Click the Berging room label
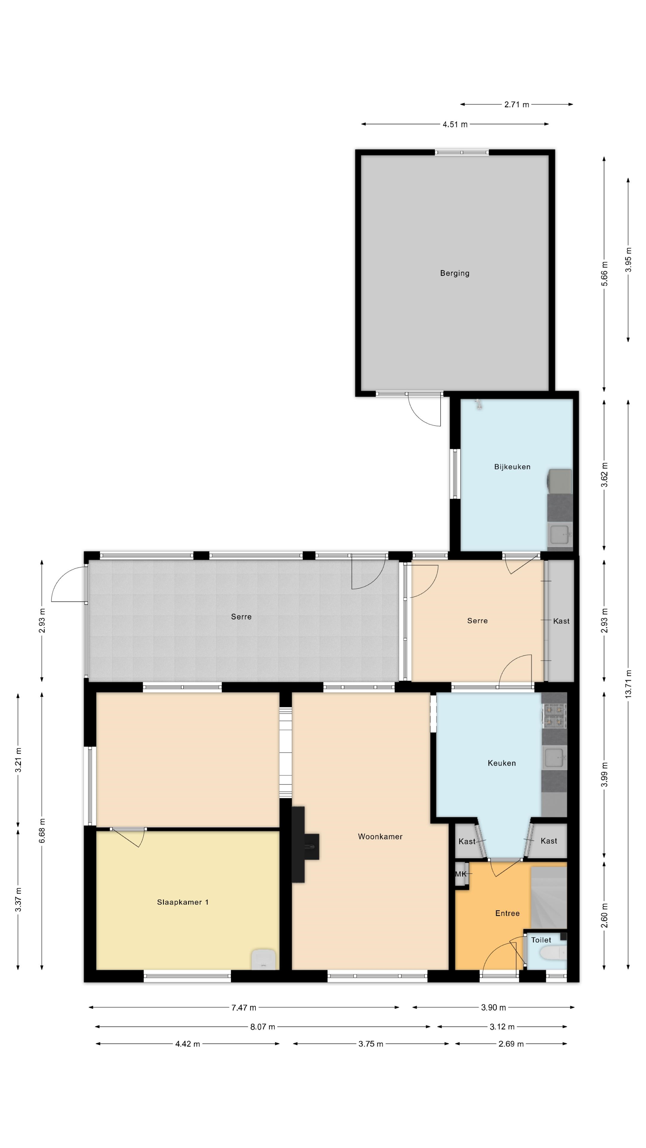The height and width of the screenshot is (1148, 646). click(x=454, y=273)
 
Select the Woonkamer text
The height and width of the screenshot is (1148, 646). click(x=380, y=836)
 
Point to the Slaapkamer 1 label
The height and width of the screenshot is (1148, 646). click(x=182, y=902)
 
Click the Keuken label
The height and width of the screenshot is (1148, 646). click(x=502, y=763)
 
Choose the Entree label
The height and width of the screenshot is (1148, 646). click(x=507, y=913)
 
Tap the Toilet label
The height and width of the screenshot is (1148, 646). click(x=541, y=940)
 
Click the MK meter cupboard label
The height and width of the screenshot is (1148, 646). click(x=461, y=874)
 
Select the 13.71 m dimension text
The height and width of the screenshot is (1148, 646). click(x=628, y=684)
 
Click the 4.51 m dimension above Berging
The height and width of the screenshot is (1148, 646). click(x=455, y=124)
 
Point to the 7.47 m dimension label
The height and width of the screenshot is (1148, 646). click(x=244, y=1007)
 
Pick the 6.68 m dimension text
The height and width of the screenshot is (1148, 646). click(x=42, y=831)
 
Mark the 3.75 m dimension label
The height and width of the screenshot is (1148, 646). click(x=371, y=1044)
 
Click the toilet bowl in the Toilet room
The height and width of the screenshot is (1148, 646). click(x=553, y=954)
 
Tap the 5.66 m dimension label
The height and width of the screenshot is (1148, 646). click(x=604, y=274)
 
